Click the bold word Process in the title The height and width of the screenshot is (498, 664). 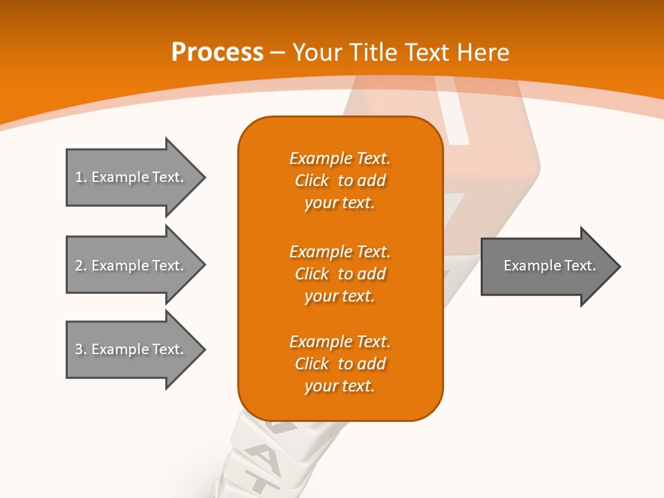pos(217,53)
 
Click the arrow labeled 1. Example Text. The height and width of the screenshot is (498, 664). pos(131,177)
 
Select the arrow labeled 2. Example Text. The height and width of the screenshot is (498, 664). pos(131,265)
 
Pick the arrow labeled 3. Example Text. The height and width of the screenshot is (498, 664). pos(131,349)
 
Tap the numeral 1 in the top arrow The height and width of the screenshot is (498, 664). pos(80,177)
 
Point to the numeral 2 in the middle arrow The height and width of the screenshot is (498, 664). pos(80,266)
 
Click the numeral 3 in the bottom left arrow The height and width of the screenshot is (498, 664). pos(80,349)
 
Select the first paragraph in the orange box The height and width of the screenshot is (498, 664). pos(340,181)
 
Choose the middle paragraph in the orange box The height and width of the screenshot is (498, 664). pos(340,274)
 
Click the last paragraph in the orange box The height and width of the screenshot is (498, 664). pos(340,364)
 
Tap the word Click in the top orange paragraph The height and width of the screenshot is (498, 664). pos(312,181)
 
